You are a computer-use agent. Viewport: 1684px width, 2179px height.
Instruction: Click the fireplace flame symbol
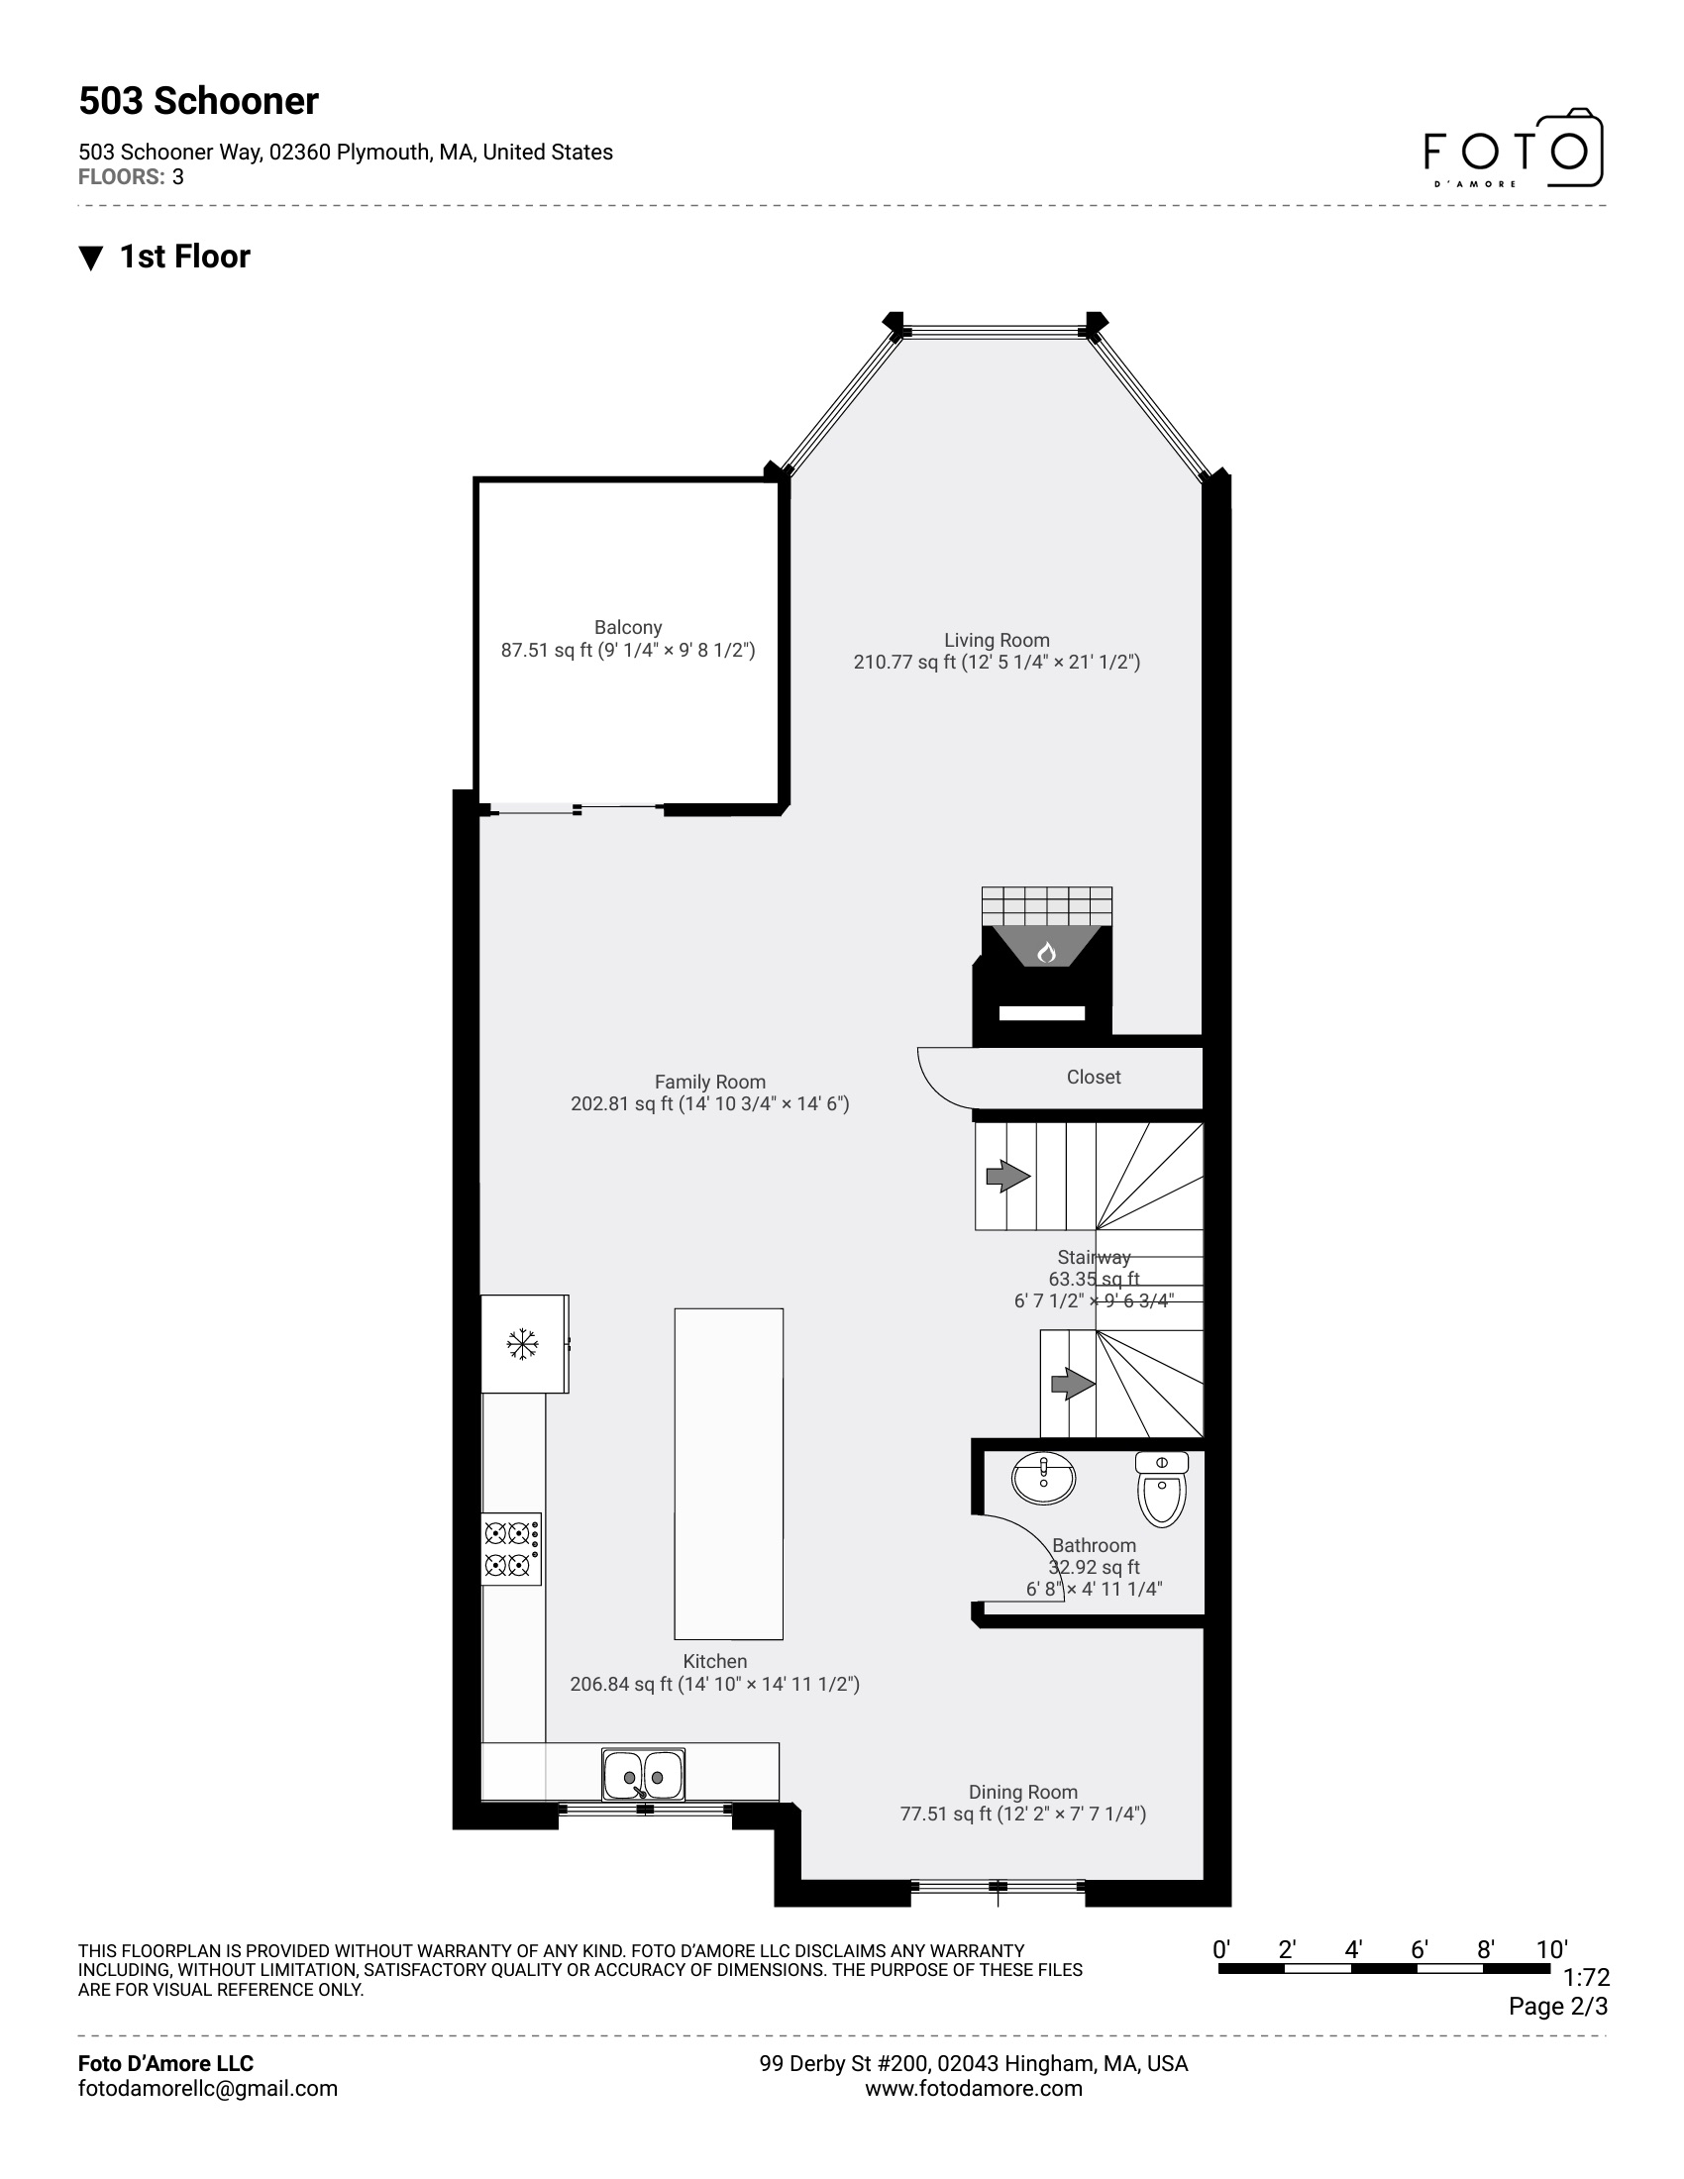(x=1045, y=952)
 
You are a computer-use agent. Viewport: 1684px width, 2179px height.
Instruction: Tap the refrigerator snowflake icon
(x=522, y=1344)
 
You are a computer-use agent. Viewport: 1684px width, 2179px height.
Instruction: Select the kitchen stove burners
(x=511, y=1548)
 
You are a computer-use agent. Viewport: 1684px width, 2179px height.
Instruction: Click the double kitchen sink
(x=644, y=1775)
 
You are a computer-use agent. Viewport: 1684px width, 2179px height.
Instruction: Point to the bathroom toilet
(x=1162, y=1490)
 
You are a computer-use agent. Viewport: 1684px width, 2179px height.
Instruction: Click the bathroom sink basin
(x=1043, y=1477)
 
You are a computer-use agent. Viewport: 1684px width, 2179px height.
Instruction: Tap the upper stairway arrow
(x=1007, y=1177)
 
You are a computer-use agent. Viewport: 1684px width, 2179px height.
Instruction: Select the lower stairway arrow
(x=1073, y=1384)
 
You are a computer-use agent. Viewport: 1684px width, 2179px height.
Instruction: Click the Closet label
(x=1094, y=1078)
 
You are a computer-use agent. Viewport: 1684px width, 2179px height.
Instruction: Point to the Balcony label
(x=627, y=628)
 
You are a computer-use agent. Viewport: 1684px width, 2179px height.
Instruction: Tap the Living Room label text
(x=997, y=641)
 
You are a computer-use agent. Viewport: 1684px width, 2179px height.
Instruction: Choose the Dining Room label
(x=1022, y=1792)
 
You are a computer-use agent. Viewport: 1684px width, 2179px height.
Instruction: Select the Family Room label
(x=709, y=1082)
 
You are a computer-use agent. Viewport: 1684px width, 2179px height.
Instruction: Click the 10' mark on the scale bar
(x=1551, y=1949)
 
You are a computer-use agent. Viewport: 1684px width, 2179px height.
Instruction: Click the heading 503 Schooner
(x=198, y=102)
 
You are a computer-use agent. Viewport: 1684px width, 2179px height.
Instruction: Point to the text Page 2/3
(x=1557, y=2006)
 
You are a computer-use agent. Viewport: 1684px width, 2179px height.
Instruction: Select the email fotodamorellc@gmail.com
(x=207, y=2088)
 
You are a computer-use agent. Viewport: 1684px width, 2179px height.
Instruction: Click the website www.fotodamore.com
(x=973, y=2088)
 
